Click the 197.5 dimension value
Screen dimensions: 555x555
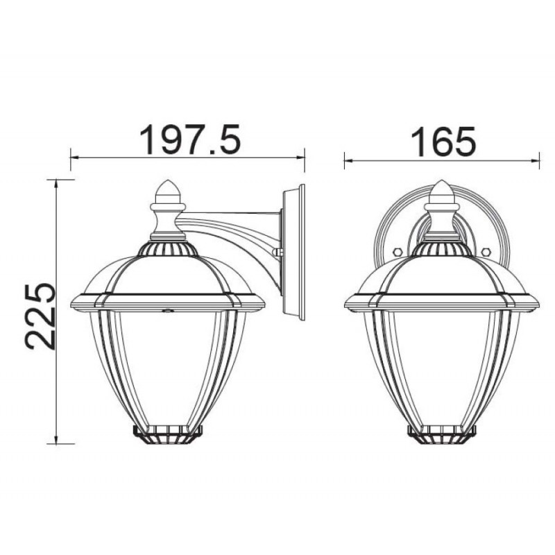(x=190, y=139)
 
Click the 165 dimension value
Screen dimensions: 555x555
(x=443, y=142)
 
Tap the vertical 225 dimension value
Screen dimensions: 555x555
(x=40, y=316)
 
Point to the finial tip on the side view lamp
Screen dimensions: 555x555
(x=169, y=181)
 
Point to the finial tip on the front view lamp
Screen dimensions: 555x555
(x=441, y=181)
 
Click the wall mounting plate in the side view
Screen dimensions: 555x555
(x=293, y=252)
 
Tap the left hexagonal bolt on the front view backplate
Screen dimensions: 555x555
(x=397, y=252)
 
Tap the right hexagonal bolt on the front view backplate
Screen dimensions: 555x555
(x=486, y=252)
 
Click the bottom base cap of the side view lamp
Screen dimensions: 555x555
(x=167, y=434)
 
